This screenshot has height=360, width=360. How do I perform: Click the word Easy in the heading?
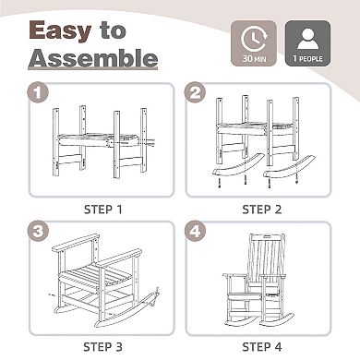click(x=60, y=30)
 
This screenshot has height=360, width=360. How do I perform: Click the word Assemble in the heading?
click(x=93, y=58)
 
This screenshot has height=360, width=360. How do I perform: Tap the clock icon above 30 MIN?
click(x=254, y=39)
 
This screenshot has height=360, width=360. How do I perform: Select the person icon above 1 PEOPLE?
click(x=308, y=39)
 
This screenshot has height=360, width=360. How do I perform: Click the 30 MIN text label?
click(x=254, y=58)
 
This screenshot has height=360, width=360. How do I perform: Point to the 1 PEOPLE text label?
click(x=307, y=58)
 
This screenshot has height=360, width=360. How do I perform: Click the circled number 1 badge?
click(x=38, y=92)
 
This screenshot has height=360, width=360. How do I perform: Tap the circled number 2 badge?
click(x=195, y=92)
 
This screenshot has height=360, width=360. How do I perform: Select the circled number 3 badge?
click(x=38, y=232)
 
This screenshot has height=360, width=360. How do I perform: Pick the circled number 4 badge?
click(x=195, y=232)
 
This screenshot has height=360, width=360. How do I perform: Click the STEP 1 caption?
click(x=103, y=210)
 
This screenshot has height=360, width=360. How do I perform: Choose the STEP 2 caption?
click(x=262, y=210)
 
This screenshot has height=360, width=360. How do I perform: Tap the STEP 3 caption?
click(x=102, y=347)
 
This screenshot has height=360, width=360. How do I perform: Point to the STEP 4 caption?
click(x=262, y=347)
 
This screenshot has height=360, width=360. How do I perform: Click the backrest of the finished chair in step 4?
click(x=266, y=258)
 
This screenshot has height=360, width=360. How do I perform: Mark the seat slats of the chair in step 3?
click(x=92, y=274)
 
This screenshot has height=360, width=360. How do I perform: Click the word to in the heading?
click(x=113, y=30)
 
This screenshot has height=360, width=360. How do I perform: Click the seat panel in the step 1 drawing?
click(x=97, y=139)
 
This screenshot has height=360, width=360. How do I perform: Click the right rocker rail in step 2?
click(x=289, y=168)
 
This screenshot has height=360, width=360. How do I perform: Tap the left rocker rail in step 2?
click(x=238, y=165)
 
